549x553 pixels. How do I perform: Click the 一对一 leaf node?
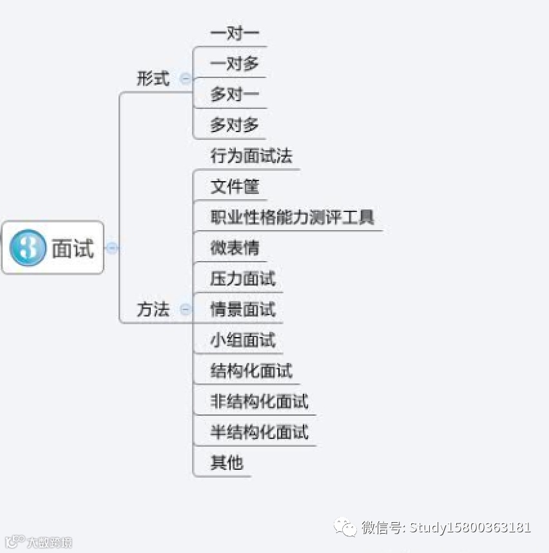pyautogui.click(x=235, y=33)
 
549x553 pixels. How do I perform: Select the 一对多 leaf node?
pyautogui.click(x=235, y=64)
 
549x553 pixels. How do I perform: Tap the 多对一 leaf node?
pyautogui.click(x=235, y=95)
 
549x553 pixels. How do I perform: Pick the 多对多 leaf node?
pyautogui.click(x=235, y=125)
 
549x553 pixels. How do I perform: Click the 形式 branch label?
pyautogui.click(x=153, y=79)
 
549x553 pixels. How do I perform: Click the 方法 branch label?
pyautogui.click(x=153, y=309)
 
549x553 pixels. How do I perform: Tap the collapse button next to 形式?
pyautogui.click(x=186, y=79)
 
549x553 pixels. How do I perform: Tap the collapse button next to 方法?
pyautogui.click(x=186, y=309)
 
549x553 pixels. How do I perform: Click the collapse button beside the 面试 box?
pyautogui.click(x=112, y=247)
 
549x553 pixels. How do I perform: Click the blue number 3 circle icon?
pyautogui.click(x=28, y=248)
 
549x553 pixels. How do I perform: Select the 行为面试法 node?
pyautogui.click(x=251, y=156)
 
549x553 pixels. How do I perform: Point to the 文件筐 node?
pyautogui.click(x=235, y=187)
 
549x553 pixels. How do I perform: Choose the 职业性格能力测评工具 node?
pyautogui.click(x=292, y=217)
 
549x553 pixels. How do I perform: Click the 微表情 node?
pyautogui.click(x=235, y=247)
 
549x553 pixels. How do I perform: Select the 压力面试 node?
pyautogui.click(x=242, y=278)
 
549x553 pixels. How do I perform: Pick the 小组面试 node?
pyautogui.click(x=242, y=340)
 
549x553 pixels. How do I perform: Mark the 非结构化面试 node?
pyautogui.click(x=259, y=401)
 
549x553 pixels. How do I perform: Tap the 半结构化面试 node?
pyautogui.click(x=259, y=431)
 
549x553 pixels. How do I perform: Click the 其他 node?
pyautogui.click(x=227, y=462)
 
